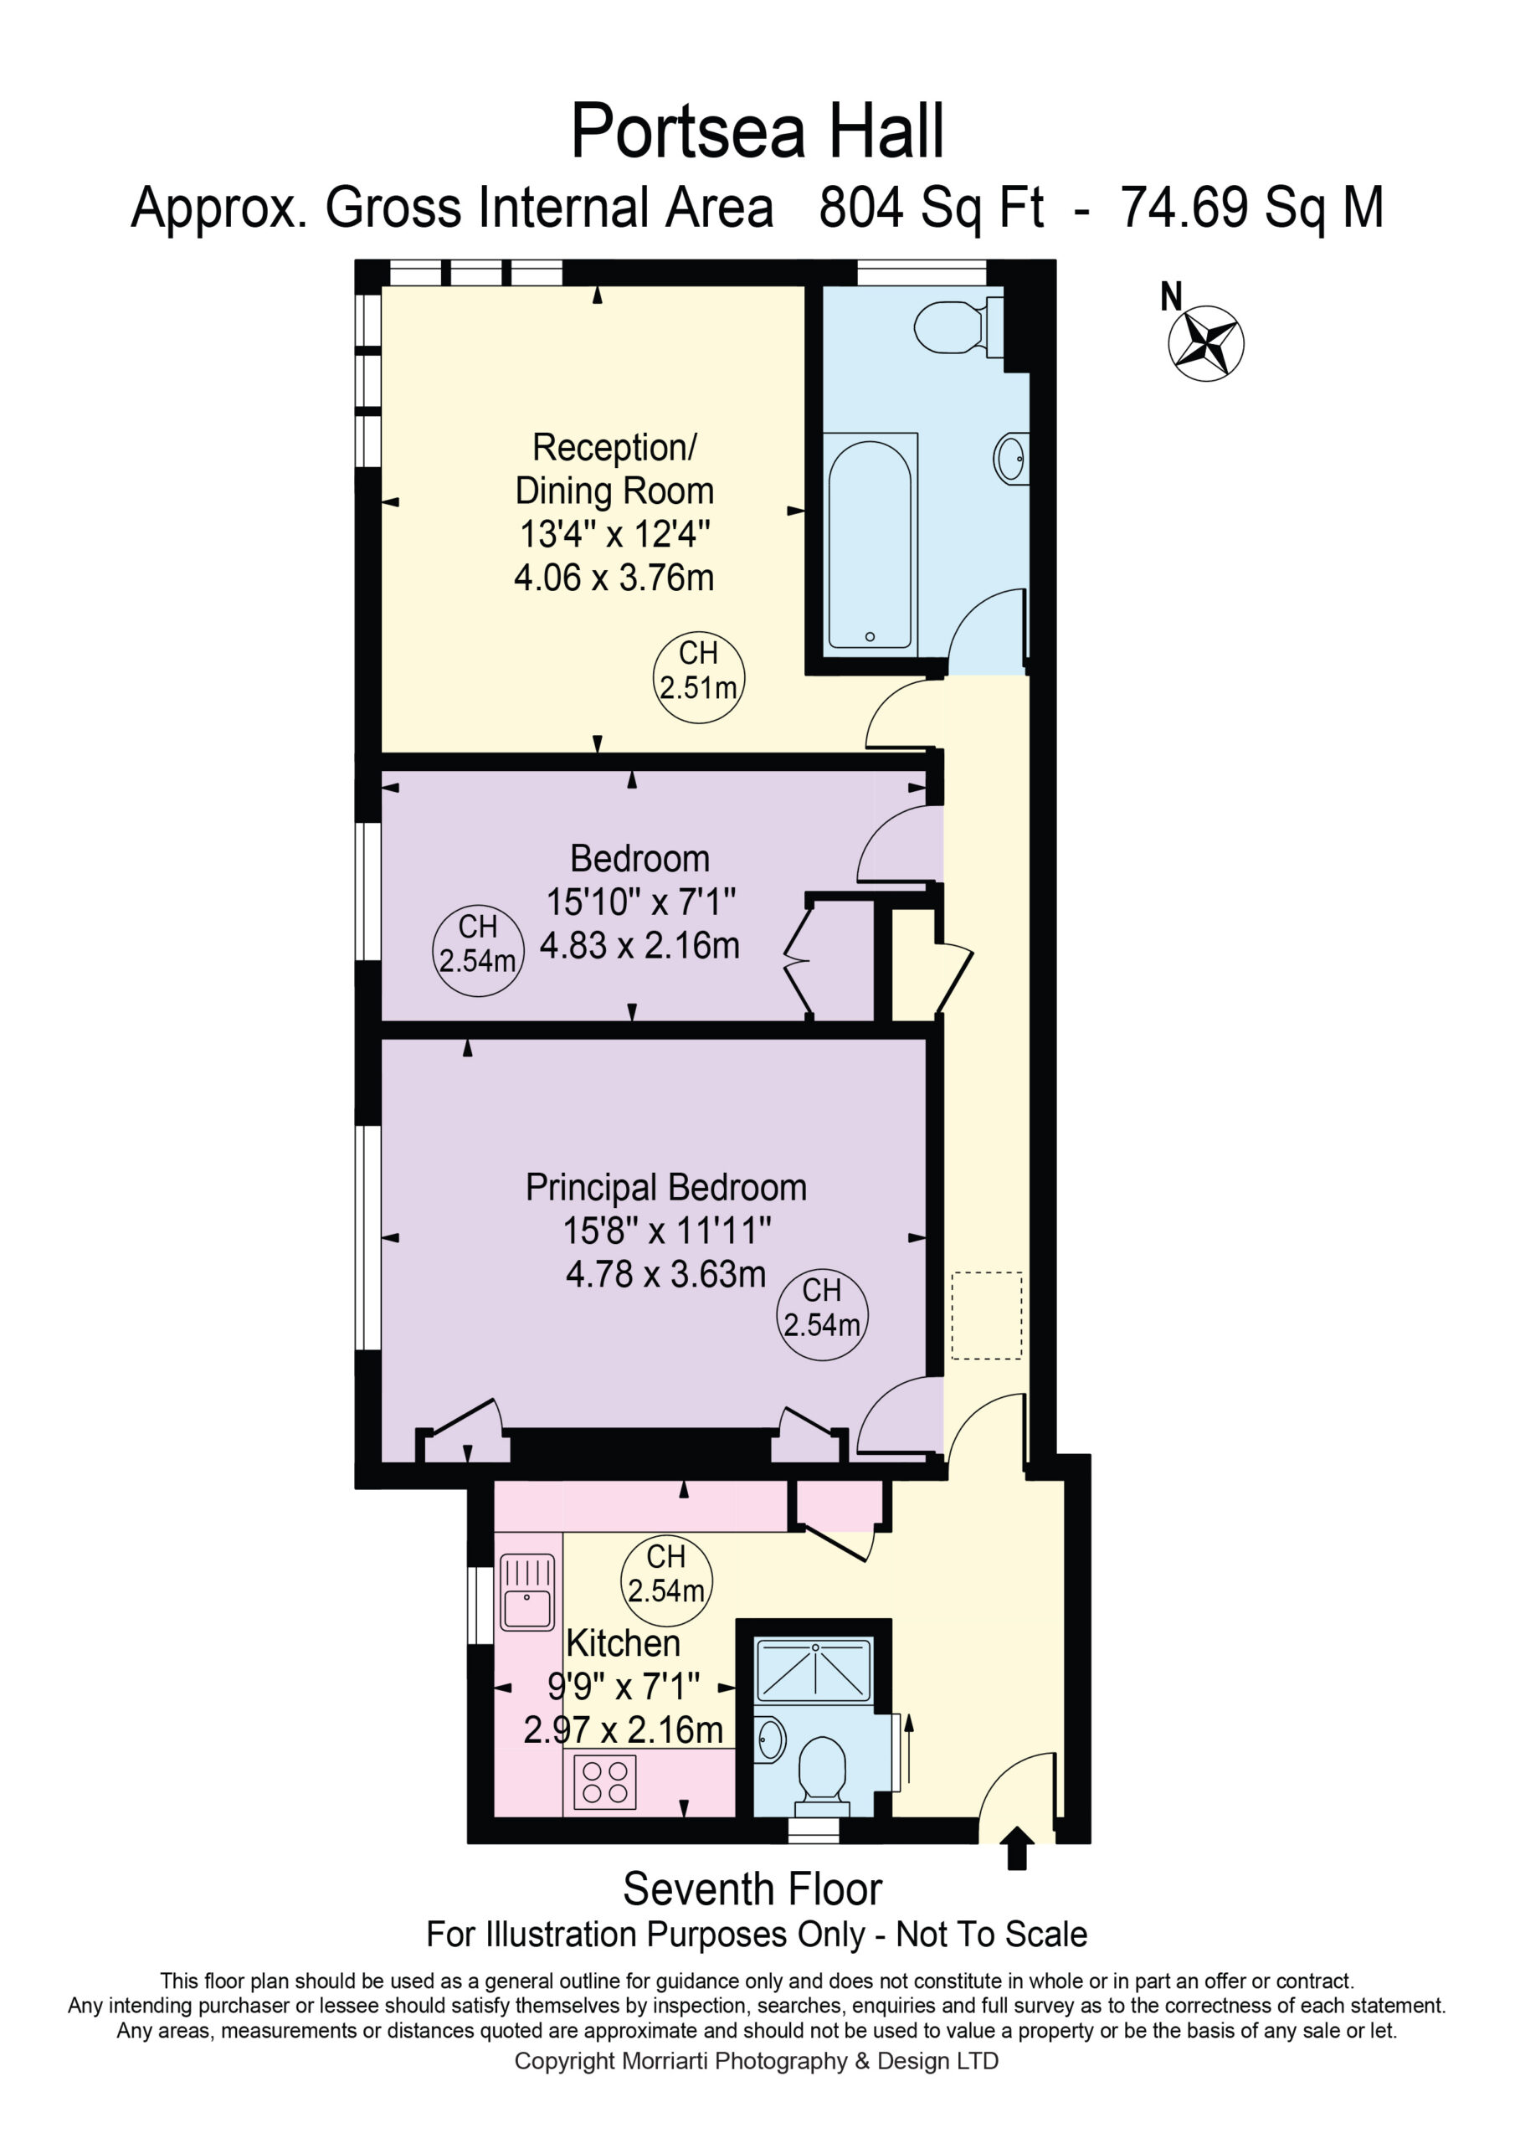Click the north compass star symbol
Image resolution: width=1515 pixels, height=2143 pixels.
point(1206,342)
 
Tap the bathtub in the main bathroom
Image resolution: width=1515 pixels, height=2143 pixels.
point(869,544)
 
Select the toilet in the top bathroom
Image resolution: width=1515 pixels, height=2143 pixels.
point(958,326)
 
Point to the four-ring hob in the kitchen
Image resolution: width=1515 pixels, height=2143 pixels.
point(605,1782)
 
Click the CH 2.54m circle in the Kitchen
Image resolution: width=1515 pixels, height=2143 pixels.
point(666,1581)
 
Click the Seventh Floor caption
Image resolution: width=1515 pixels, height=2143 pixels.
point(752,1890)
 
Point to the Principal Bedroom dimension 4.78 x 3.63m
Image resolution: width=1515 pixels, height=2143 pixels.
point(665,1273)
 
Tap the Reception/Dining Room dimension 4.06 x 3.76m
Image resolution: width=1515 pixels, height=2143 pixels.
point(614,577)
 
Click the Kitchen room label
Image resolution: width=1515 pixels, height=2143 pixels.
point(623,1642)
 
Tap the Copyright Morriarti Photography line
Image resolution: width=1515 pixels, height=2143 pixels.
point(756,2060)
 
